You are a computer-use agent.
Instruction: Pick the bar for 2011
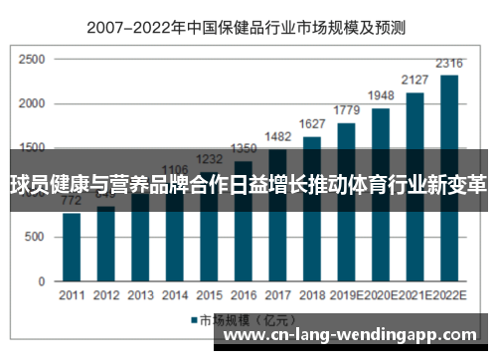point(72,247)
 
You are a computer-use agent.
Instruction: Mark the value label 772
point(72,201)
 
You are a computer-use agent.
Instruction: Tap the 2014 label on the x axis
point(174,295)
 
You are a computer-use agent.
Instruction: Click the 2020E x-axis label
point(381,295)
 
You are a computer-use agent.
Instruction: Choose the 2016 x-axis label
point(243,295)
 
